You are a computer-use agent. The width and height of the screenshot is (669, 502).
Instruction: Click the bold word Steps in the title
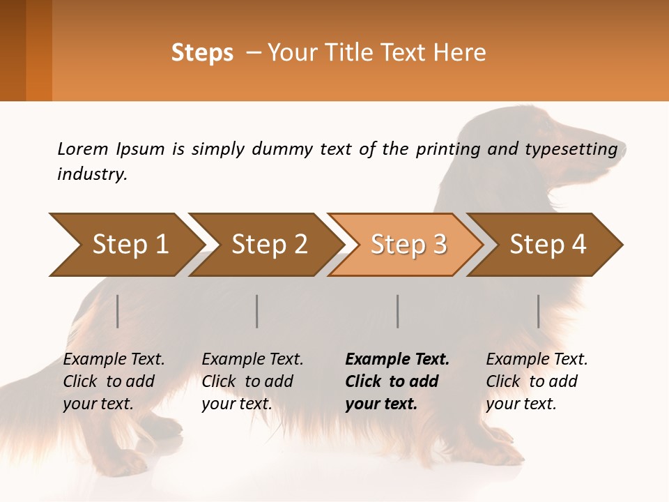tap(202, 53)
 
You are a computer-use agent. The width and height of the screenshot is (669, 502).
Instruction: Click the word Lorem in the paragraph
tap(83, 149)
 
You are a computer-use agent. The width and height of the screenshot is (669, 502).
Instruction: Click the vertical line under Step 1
tap(118, 311)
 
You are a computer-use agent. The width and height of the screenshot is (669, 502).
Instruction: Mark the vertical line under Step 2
tap(257, 311)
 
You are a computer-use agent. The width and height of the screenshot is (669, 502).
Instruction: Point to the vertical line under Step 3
tap(398, 311)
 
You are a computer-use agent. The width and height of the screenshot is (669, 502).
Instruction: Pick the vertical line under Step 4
tap(539, 311)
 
